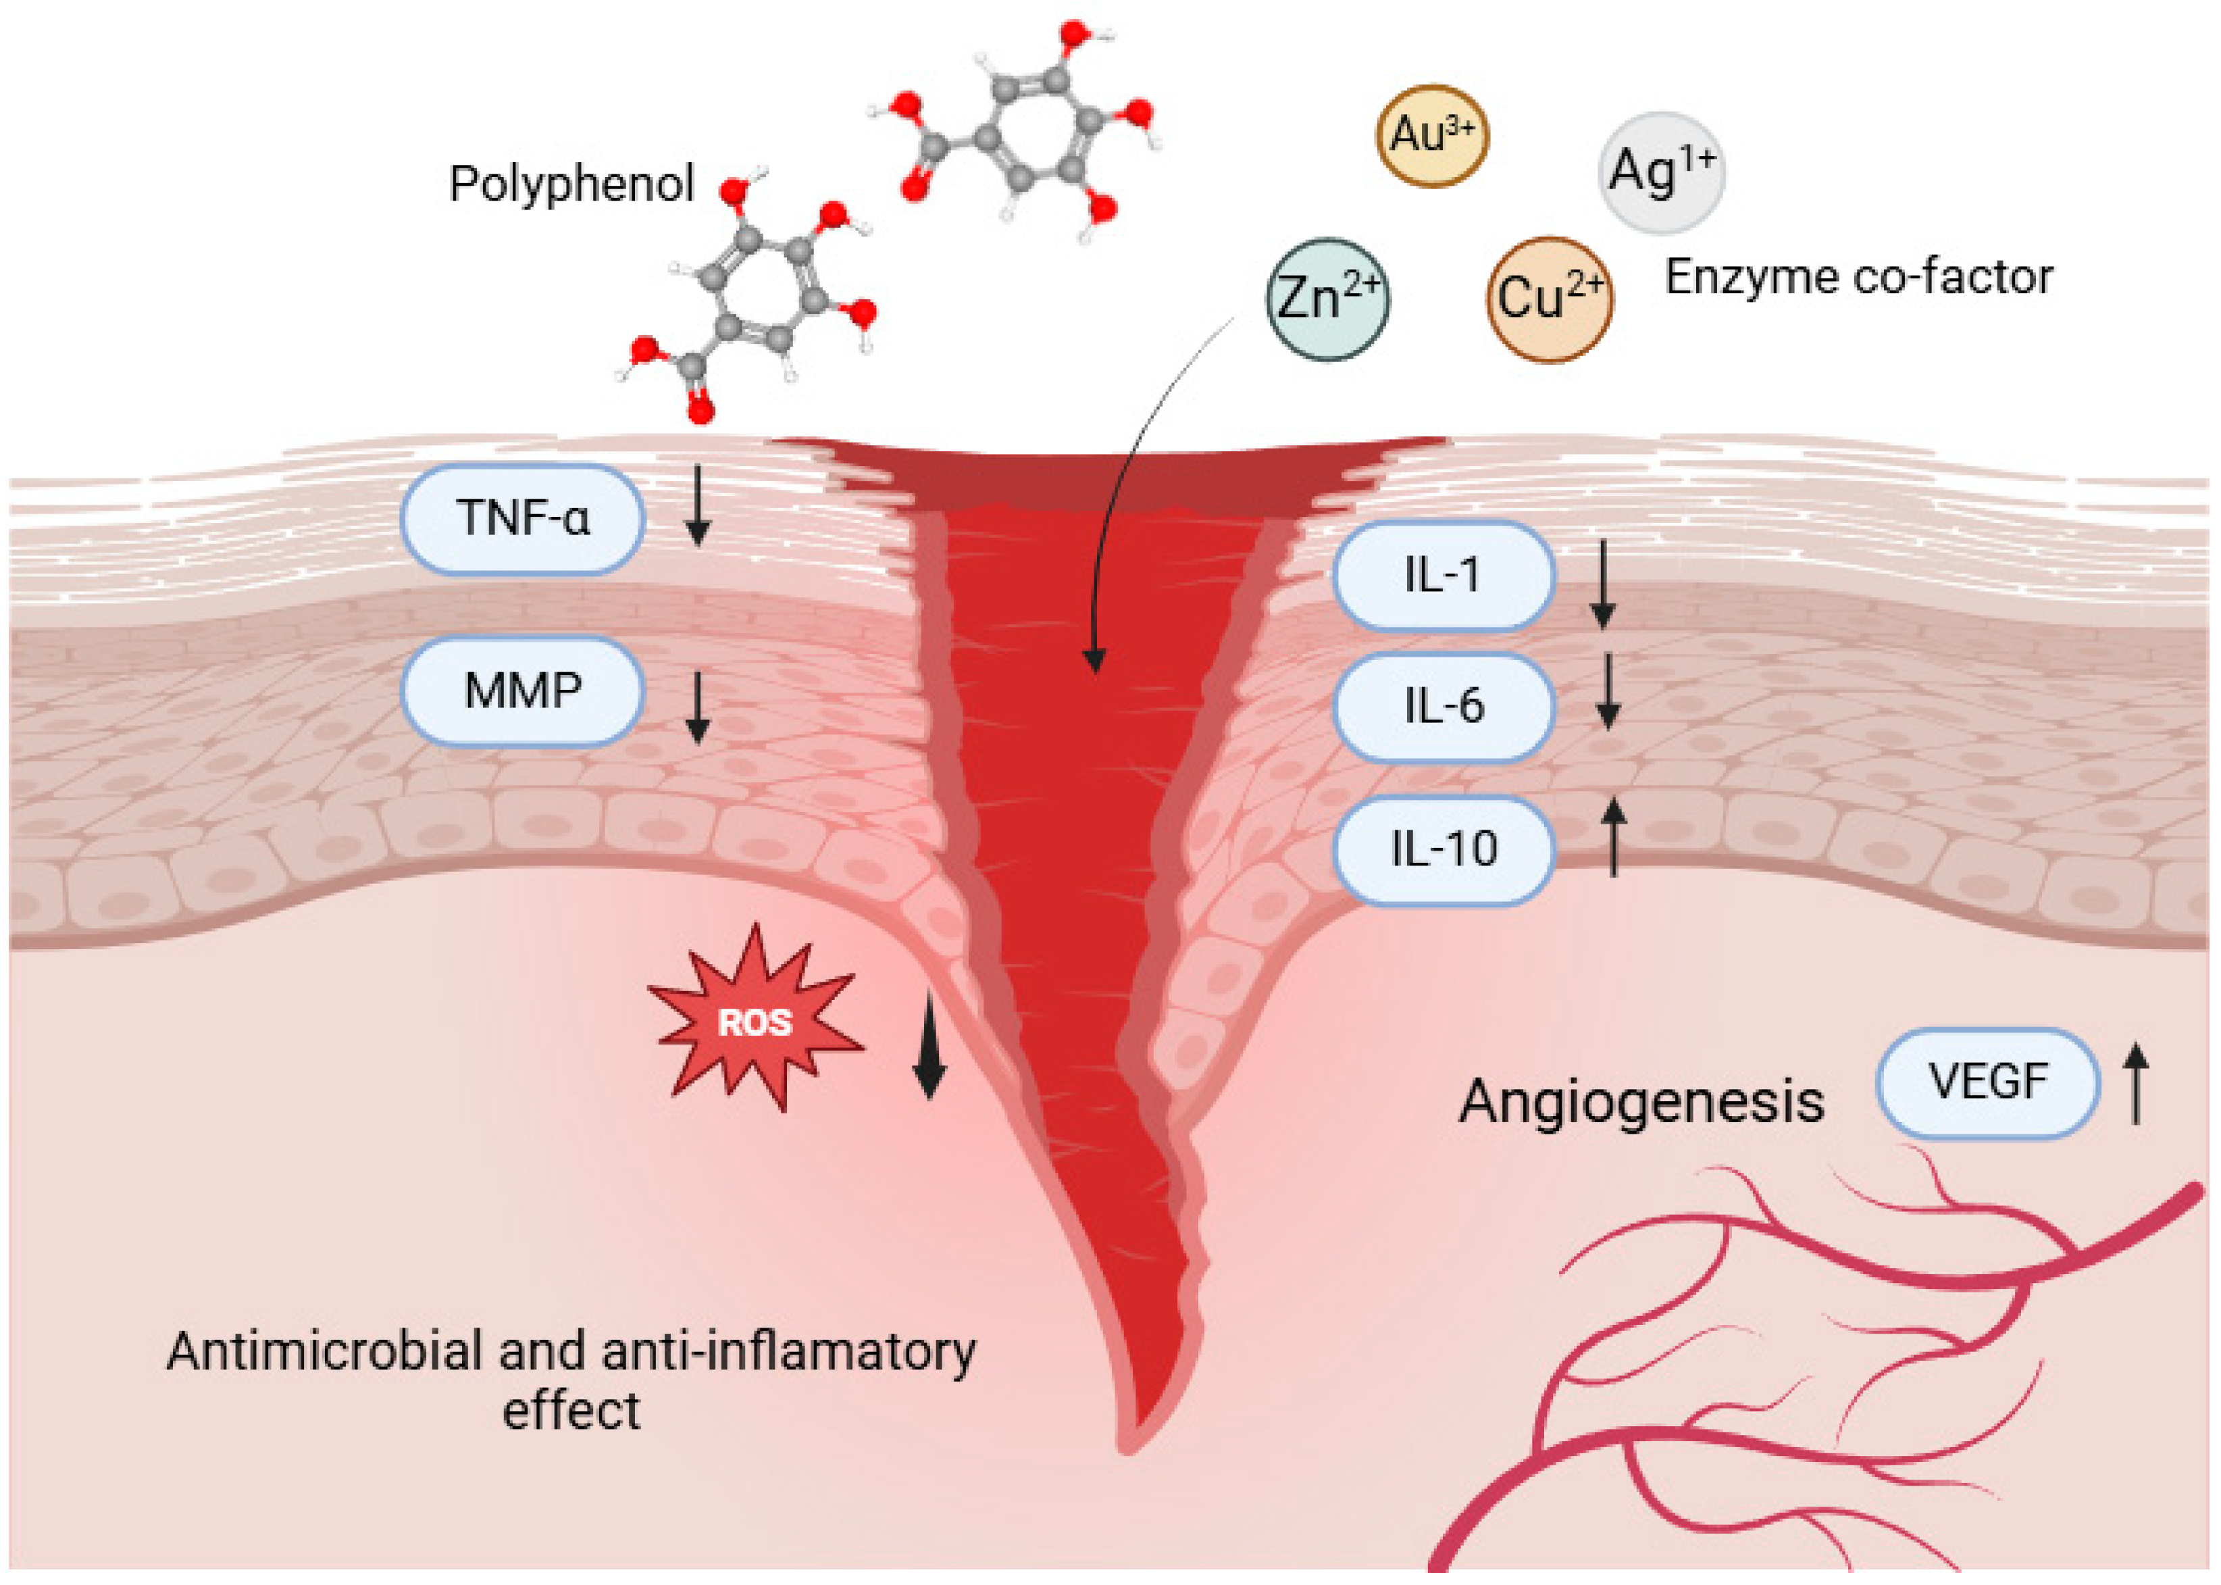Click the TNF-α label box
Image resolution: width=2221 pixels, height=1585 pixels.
[x=523, y=518]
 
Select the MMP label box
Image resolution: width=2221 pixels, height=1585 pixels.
[x=523, y=691]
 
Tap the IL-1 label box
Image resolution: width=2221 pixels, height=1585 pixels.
[x=1442, y=575]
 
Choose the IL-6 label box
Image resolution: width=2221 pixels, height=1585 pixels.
[x=1442, y=705]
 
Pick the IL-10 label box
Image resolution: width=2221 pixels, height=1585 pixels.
[x=1442, y=848]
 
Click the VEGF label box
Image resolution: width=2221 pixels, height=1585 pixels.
[x=1988, y=1082]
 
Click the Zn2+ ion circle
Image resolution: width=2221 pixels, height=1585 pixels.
[x=1327, y=299]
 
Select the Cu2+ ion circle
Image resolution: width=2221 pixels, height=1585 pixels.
[x=1549, y=299]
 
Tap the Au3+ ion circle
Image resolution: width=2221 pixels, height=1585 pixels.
[x=1431, y=134]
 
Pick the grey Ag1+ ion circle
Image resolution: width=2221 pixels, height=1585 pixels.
[x=1661, y=172]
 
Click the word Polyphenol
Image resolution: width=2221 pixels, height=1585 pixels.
[x=571, y=184]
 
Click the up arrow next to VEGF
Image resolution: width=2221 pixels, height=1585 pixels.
[x=2136, y=1083]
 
